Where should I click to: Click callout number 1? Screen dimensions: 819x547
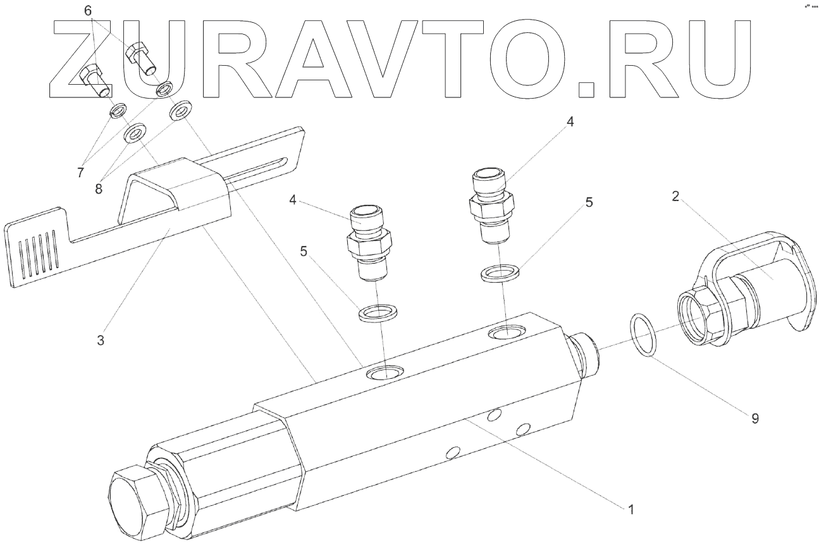[631, 510]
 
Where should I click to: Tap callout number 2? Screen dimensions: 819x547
[675, 196]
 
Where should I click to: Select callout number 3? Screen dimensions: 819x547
[100, 340]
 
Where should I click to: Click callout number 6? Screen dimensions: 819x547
[88, 11]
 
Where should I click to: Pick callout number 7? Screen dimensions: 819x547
[80, 172]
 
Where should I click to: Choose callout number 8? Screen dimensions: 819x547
[99, 189]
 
